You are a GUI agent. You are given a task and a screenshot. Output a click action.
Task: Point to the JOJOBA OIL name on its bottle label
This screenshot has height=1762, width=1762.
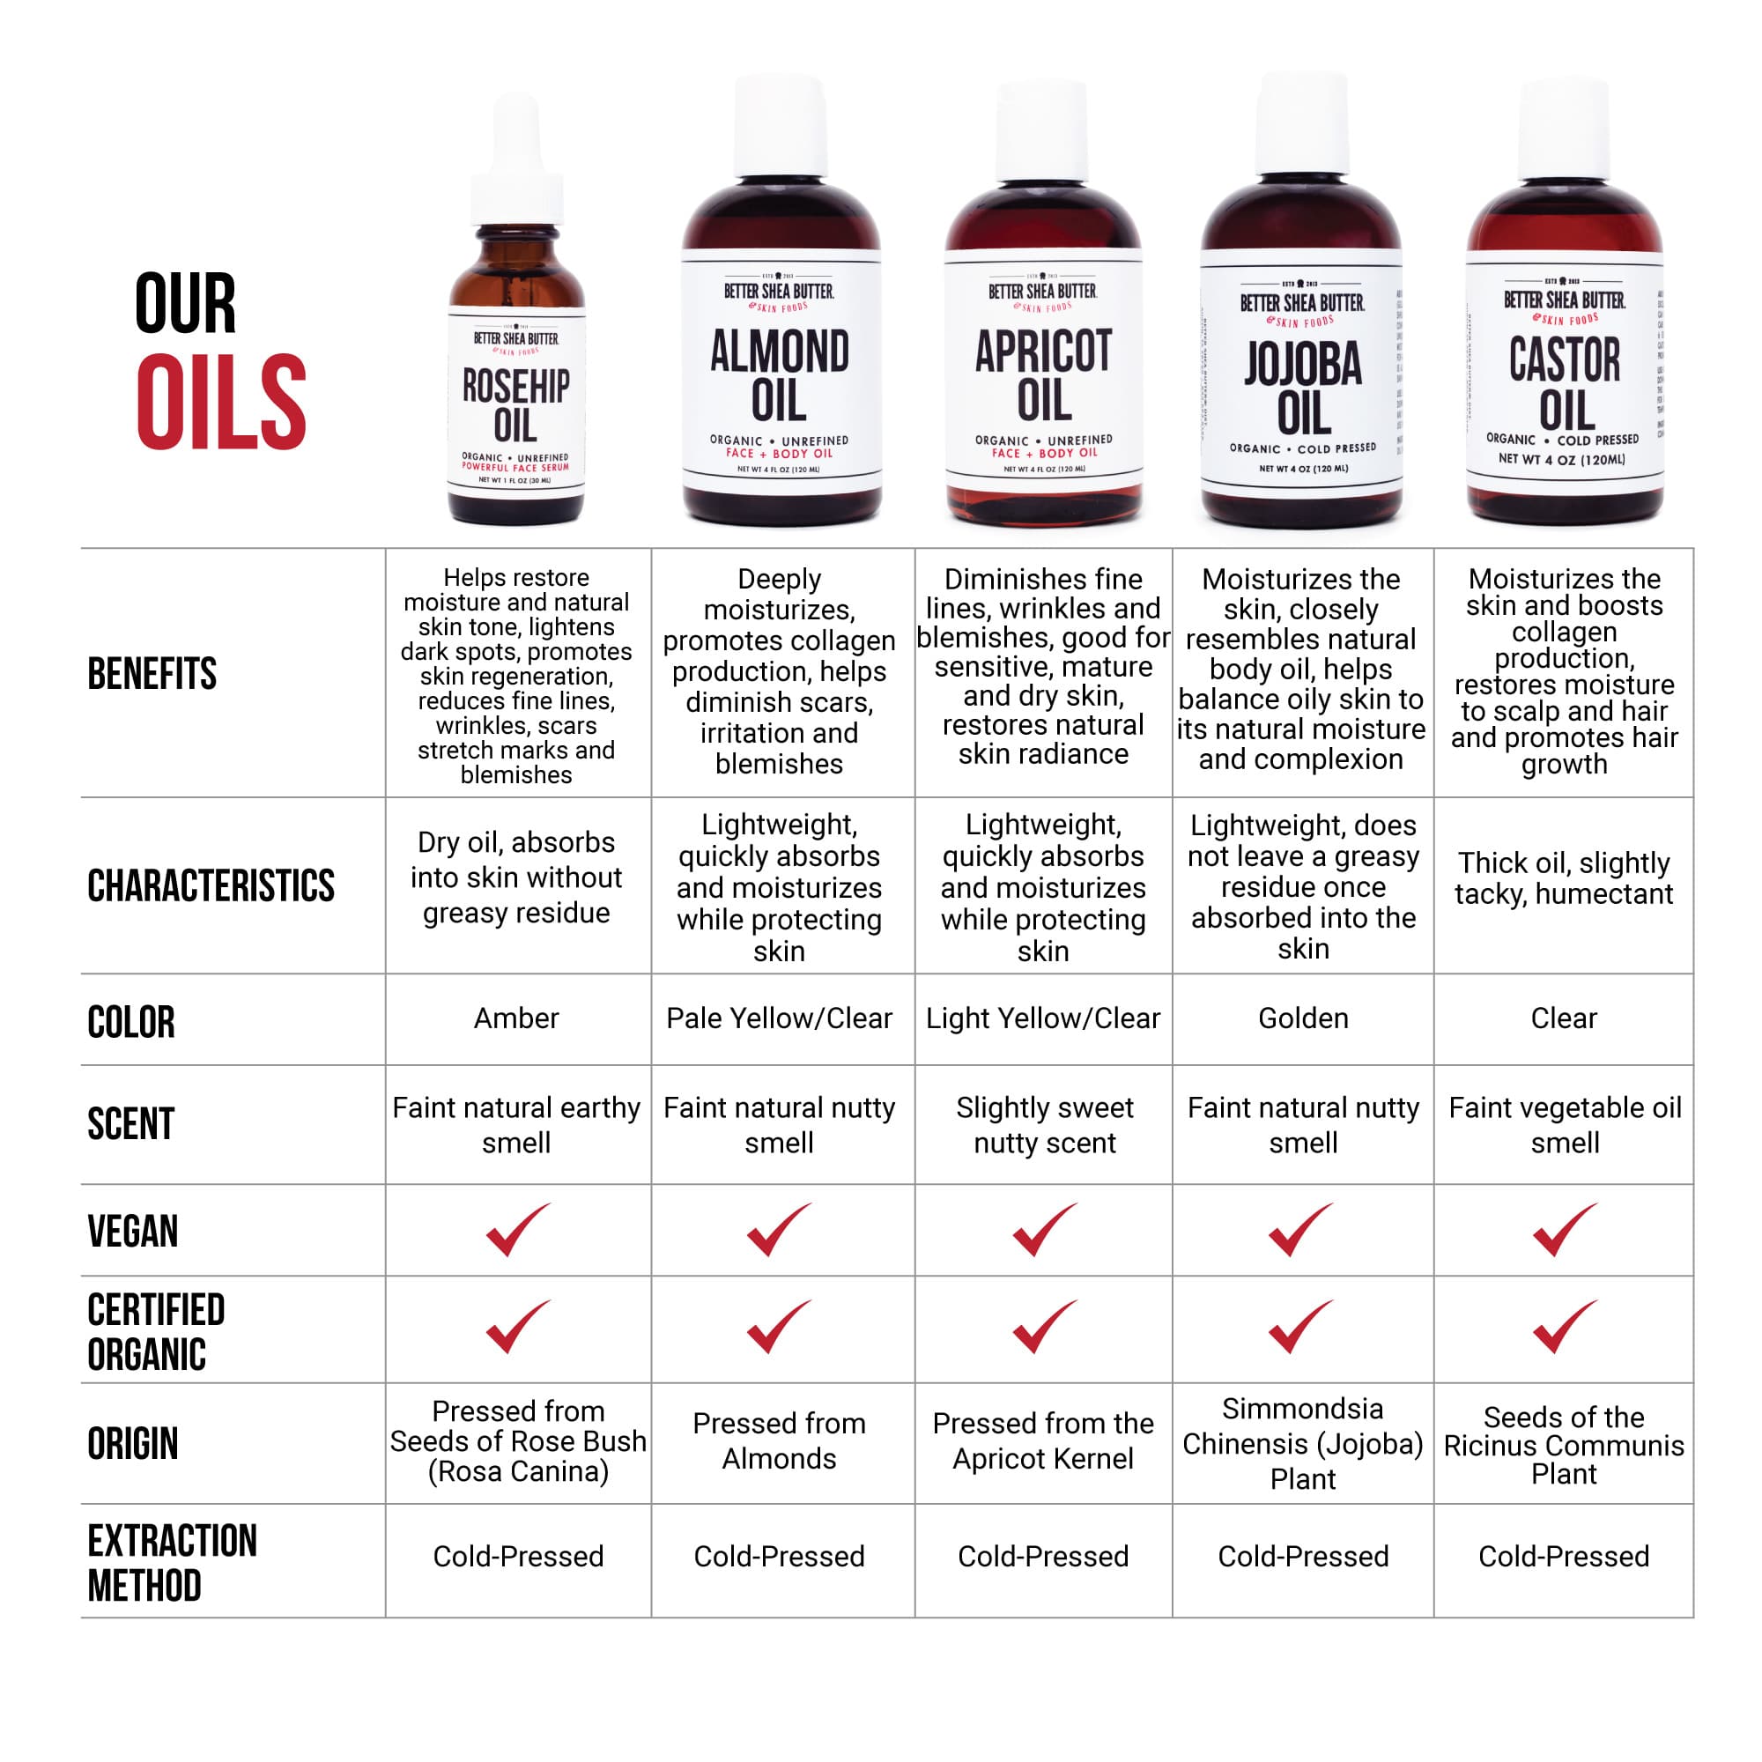[1303, 389]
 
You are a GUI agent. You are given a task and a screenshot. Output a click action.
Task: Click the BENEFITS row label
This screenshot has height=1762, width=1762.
[152, 674]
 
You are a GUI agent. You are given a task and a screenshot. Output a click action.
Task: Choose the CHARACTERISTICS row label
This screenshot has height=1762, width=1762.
[211, 885]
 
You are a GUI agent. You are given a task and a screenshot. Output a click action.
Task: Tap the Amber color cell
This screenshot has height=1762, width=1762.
[516, 1018]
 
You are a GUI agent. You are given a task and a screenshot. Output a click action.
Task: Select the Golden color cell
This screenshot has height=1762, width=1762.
[1302, 1018]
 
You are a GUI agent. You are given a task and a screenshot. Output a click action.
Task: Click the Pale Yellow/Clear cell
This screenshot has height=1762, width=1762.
[779, 1018]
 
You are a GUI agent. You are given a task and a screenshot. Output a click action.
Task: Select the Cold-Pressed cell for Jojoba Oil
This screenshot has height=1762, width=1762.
[1302, 1556]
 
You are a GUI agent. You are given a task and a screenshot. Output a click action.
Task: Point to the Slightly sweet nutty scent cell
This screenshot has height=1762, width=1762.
[1044, 1124]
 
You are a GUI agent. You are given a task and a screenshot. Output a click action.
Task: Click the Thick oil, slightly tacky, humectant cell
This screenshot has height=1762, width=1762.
[1563, 878]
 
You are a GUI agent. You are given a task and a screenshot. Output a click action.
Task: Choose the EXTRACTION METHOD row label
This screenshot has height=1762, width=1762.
[172, 1563]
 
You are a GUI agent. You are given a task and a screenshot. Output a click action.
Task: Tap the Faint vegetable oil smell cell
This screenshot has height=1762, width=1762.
[1564, 1124]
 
